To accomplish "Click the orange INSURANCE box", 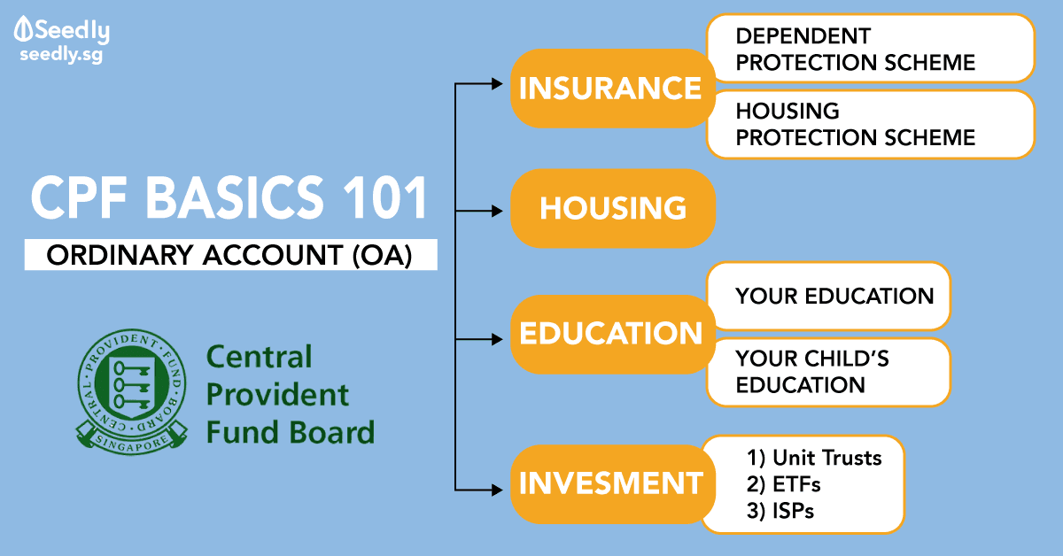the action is (612, 89).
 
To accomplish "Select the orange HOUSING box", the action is (612, 208).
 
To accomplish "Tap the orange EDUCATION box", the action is (612, 334).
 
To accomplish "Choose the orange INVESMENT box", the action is (612, 484).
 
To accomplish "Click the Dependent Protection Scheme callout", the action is (871, 49).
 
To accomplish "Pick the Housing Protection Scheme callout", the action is (871, 124).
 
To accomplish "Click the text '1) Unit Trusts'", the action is (814, 458).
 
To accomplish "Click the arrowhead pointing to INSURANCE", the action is (497, 84).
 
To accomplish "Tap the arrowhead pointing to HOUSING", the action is (497, 211).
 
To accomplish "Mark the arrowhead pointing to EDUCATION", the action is (497, 339).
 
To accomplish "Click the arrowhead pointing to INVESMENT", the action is (497, 490).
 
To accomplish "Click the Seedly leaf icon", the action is (23, 29).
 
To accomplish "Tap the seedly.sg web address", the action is (61, 55).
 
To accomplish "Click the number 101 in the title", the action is (385, 197).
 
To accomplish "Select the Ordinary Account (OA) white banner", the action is (230, 255).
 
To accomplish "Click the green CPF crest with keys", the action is (132, 392).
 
